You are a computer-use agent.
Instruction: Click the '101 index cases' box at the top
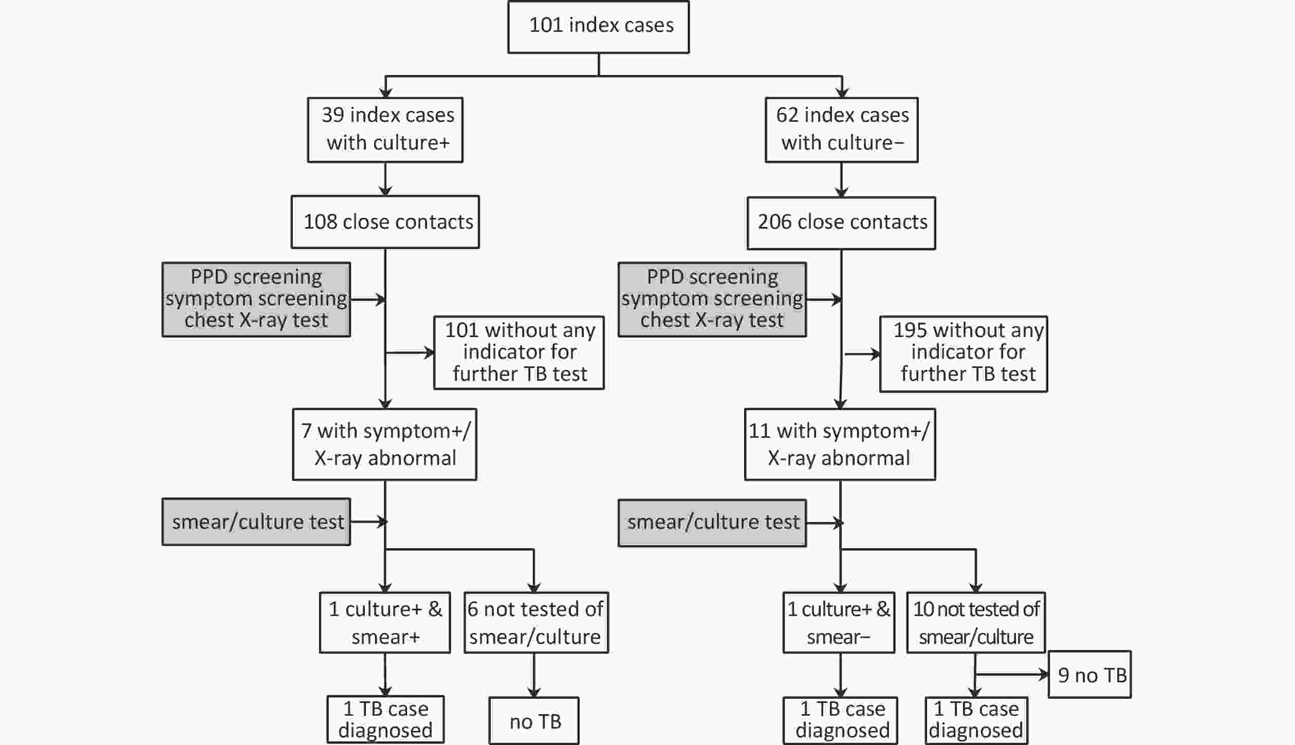pos(598,27)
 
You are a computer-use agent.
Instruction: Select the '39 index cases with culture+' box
pos(385,130)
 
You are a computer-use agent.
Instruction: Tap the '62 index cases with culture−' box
pos(841,130)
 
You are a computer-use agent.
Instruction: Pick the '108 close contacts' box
pos(385,222)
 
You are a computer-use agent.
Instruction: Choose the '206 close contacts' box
pos(841,223)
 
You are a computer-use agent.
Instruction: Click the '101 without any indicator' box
pos(519,352)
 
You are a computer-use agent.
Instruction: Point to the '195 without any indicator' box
pos(963,354)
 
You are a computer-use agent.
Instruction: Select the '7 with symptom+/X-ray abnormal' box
pos(384,444)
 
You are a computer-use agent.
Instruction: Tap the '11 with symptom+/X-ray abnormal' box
pos(840,444)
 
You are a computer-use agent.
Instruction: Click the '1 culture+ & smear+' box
pos(384,623)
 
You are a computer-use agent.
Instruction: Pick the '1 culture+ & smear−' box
pos(839,623)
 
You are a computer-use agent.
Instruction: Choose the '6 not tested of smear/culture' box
pos(536,623)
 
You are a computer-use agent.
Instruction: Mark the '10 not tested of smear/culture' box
pos(976,623)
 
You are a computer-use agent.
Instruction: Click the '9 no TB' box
pos(1089,675)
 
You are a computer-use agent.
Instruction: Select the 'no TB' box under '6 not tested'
pos(533,721)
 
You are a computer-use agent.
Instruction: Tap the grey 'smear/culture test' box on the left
pos(256,521)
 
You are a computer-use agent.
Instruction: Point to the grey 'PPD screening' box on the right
pos(712,300)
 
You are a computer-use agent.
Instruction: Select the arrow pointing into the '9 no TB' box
pos(1012,675)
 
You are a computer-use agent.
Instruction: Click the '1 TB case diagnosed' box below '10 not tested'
pos(976,720)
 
